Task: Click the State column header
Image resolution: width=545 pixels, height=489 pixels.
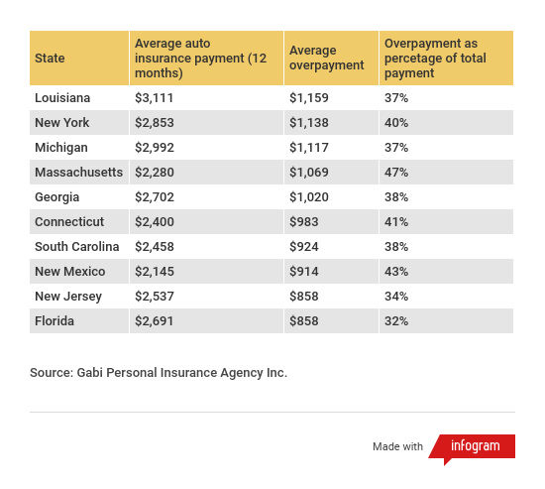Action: (x=50, y=59)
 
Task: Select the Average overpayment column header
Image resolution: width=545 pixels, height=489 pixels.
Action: (x=327, y=58)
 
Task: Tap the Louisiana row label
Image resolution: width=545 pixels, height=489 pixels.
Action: (x=62, y=98)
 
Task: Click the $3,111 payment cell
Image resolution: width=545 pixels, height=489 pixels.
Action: (x=154, y=98)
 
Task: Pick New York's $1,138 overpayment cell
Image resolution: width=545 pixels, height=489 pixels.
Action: (x=309, y=123)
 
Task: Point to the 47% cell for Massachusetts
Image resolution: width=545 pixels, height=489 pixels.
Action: (x=396, y=173)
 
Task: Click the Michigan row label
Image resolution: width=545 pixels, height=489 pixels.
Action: (x=61, y=148)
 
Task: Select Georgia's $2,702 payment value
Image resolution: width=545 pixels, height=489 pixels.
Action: (x=155, y=197)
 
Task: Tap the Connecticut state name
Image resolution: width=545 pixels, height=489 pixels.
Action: (x=69, y=222)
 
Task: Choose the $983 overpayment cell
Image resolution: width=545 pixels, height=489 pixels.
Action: (x=304, y=222)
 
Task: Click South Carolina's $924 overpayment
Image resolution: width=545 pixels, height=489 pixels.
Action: (x=304, y=247)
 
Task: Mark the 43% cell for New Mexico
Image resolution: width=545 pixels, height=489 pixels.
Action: (x=396, y=272)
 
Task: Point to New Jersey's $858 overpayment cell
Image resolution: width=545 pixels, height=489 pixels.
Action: (x=304, y=297)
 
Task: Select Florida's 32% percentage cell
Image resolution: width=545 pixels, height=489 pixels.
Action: (x=396, y=321)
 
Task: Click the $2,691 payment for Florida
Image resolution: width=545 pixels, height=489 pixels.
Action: (x=154, y=321)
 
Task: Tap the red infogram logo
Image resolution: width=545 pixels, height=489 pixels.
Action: (x=472, y=448)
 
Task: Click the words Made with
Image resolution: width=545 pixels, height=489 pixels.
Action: (x=397, y=446)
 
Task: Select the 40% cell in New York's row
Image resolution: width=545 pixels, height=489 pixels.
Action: (x=396, y=123)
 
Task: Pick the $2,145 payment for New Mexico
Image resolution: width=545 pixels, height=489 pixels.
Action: (x=155, y=272)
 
